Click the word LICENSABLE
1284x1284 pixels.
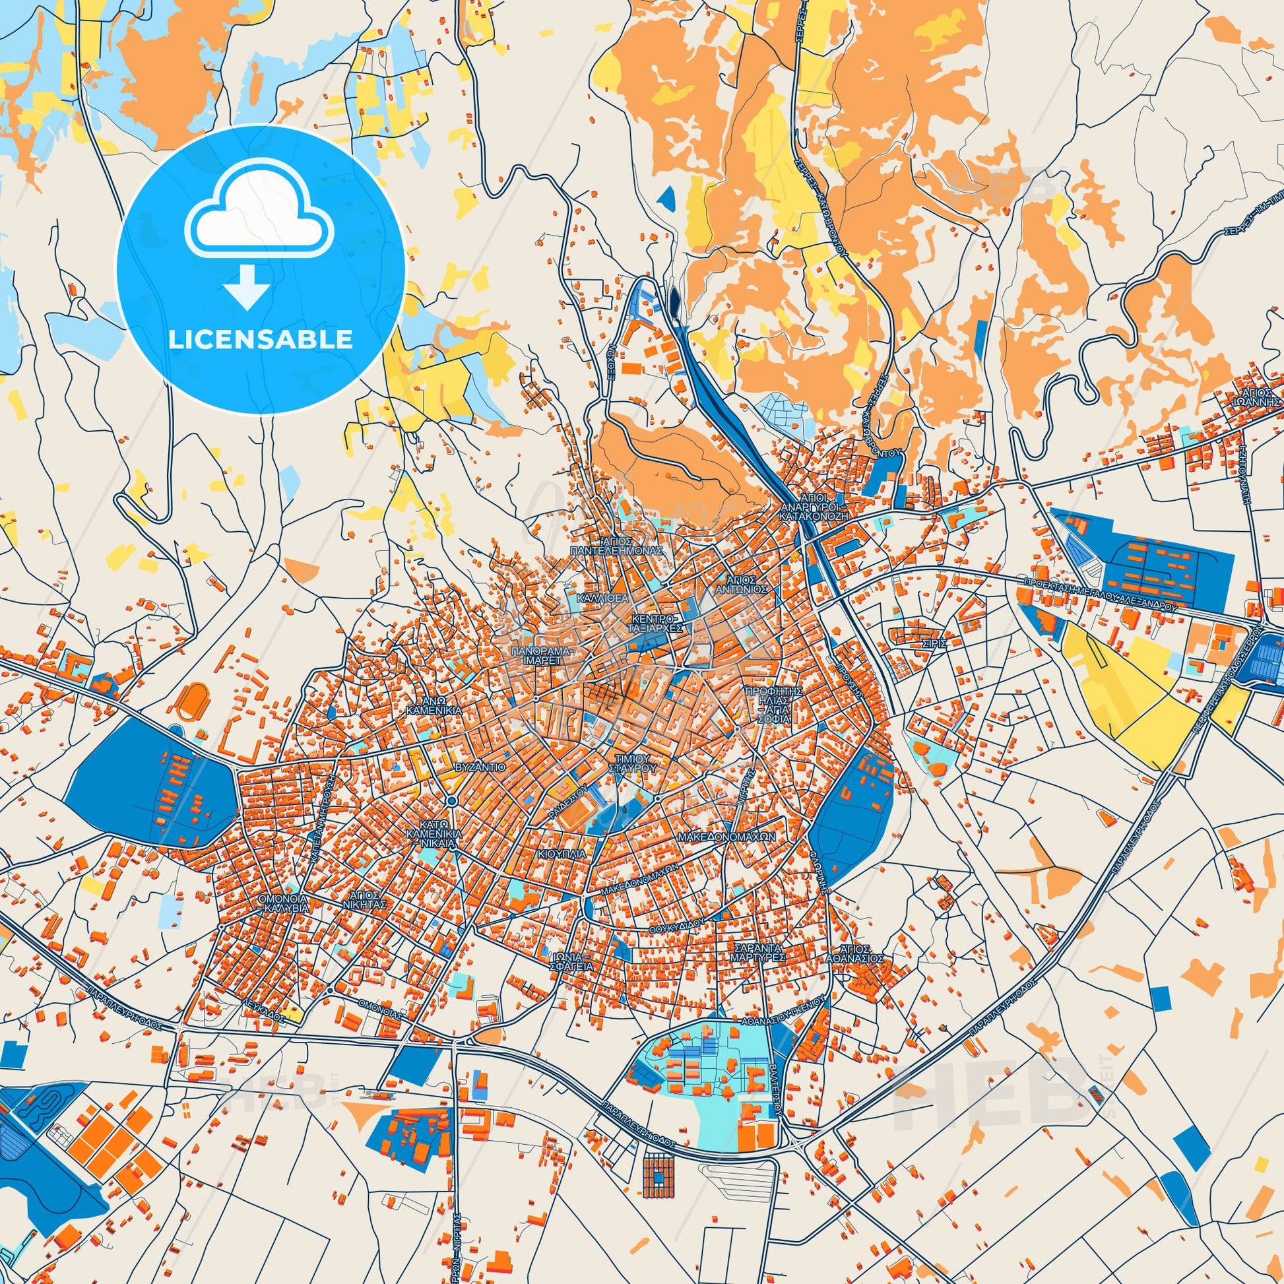pyautogui.click(x=261, y=340)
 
